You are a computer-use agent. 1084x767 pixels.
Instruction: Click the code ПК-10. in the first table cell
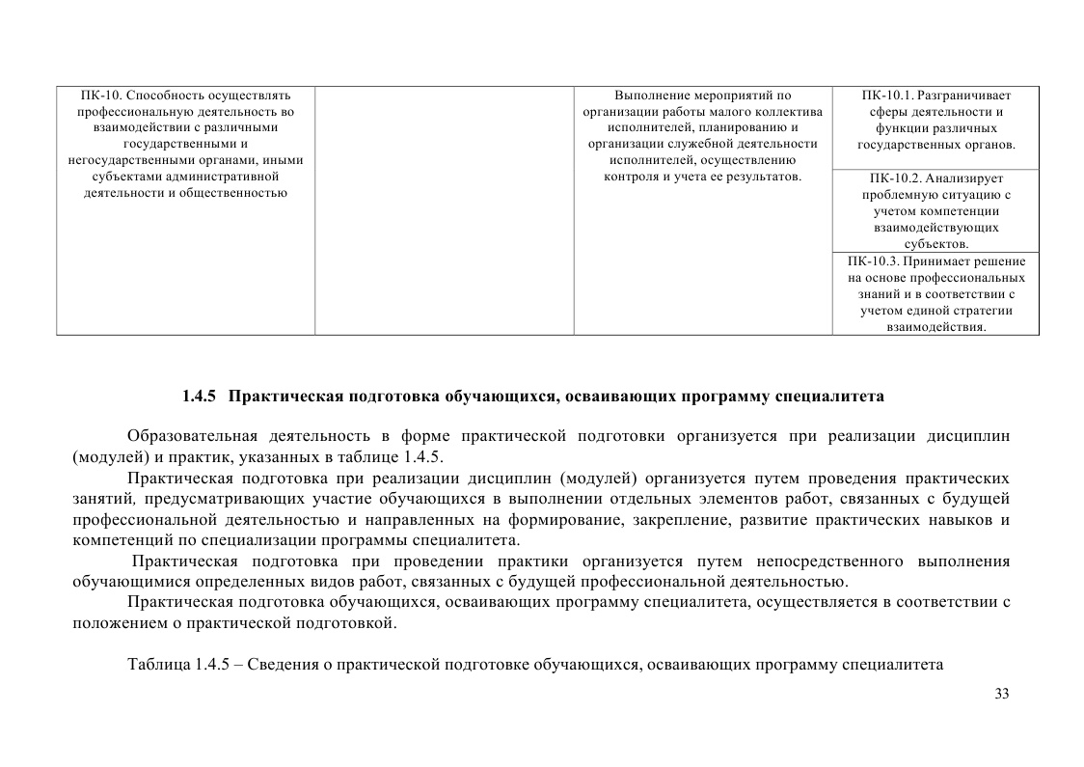coord(101,96)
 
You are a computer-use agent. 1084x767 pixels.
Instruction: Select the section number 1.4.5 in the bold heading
coord(201,397)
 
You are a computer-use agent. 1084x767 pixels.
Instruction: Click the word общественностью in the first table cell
coord(237,194)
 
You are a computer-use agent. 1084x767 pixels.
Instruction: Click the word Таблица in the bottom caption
coord(158,665)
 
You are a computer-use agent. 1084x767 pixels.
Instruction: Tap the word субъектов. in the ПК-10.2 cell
coord(935,244)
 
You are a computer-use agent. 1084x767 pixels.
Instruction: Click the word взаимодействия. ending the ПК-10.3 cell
coord(935,327)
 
